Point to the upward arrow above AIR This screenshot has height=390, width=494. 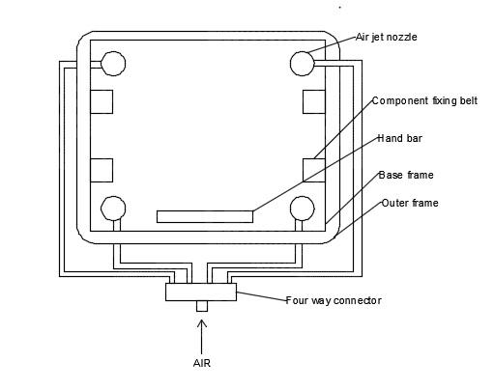202,337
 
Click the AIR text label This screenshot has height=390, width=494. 202,363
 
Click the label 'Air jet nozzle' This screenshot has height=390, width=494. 387,38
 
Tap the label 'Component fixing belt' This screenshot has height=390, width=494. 424,101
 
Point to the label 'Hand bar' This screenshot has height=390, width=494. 399,138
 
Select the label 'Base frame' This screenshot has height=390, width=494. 406,175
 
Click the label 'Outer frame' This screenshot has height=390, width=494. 410,203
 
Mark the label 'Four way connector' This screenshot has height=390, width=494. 334,300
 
